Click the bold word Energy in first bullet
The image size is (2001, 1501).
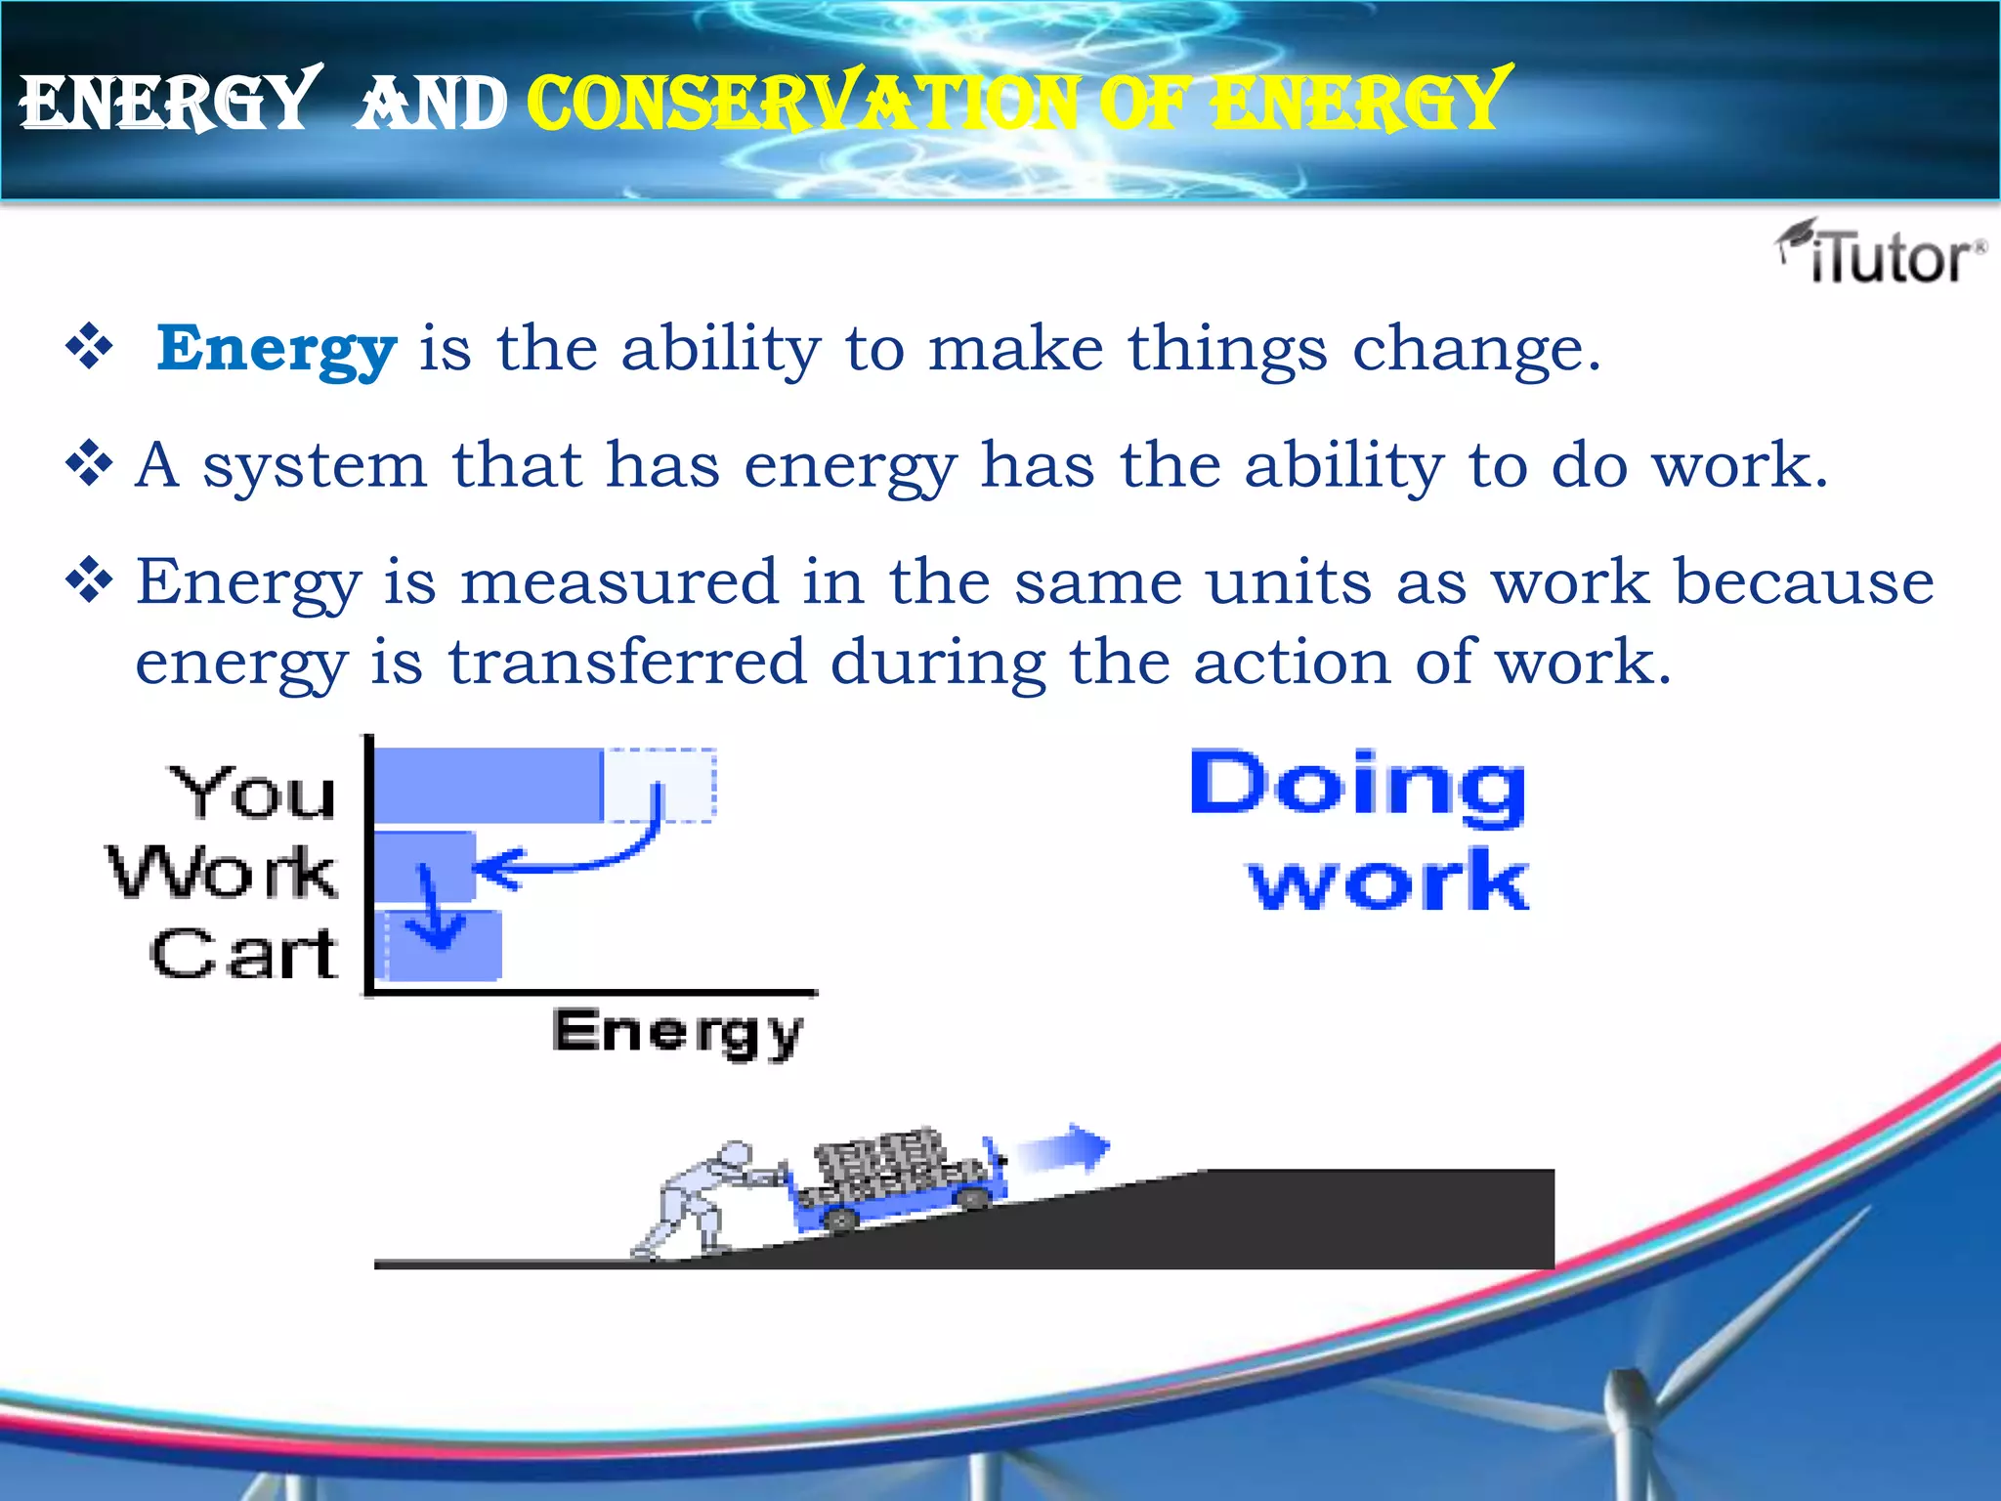tap(277, 349)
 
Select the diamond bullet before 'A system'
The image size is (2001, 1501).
tap(89, 464)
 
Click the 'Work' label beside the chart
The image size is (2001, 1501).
tap(223, 872)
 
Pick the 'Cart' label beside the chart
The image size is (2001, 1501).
tap(244, 954)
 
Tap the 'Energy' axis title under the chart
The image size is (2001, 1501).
tap(677, 1032)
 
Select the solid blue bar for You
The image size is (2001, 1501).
tap(489, 786)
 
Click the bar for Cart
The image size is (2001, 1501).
tap(440, 946)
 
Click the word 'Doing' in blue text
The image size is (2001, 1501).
tap(1357, 785)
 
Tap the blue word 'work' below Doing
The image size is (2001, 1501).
tap(1388, 880)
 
